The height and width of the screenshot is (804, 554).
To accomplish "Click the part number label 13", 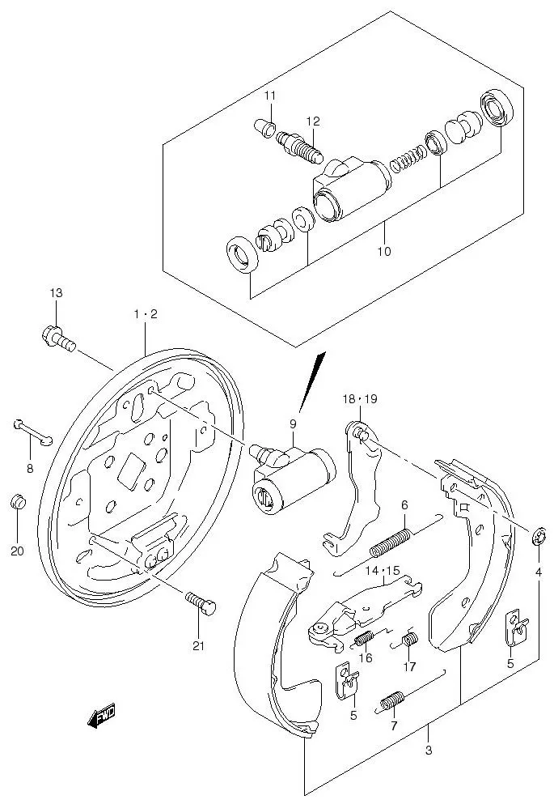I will [56, 292].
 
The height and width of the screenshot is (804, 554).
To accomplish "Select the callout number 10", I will [383, 251].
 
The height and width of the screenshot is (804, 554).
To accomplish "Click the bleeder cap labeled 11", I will [263, 127].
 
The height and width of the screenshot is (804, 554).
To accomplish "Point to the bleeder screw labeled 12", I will [300, 147].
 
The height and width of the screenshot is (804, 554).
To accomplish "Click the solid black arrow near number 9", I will [312, 380].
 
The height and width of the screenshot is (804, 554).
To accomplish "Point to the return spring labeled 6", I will [393, 542].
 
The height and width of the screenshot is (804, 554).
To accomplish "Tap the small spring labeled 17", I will [409, 640].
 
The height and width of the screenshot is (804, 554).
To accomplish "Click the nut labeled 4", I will [539, 536].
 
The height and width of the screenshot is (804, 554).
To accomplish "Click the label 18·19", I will [359, 399].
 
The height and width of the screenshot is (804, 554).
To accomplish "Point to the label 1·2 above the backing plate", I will [145, 314].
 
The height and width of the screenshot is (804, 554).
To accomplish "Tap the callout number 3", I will [428, 750].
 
